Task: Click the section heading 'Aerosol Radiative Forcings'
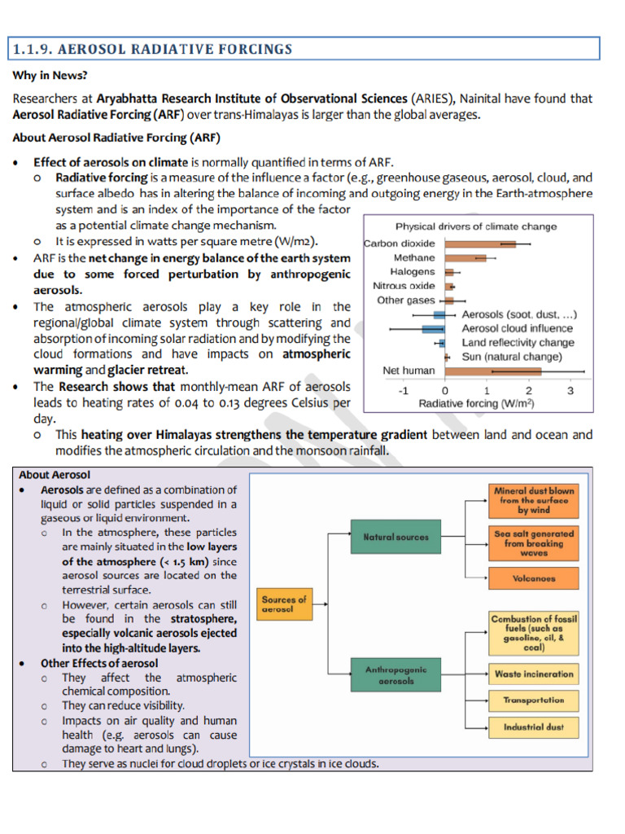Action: (152, 50)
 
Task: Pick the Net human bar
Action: (492, 371)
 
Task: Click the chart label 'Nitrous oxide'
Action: (404, 286)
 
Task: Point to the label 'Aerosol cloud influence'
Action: (517, 328)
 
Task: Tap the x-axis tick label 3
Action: (570, 390)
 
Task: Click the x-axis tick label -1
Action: (402, 390)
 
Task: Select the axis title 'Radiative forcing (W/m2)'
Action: (476, 403)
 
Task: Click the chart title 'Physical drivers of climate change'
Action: (476, 226)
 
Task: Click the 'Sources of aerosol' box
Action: (284, 604)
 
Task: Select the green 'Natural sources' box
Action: (396, 538)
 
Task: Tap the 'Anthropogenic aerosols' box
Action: (396, 674)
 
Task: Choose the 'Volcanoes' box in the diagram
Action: (534, 578)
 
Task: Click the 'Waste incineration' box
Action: (534, 674)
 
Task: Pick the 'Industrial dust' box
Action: (534, 727)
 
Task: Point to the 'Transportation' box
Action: (534, 700)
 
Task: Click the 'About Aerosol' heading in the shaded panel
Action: (55, 475)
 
